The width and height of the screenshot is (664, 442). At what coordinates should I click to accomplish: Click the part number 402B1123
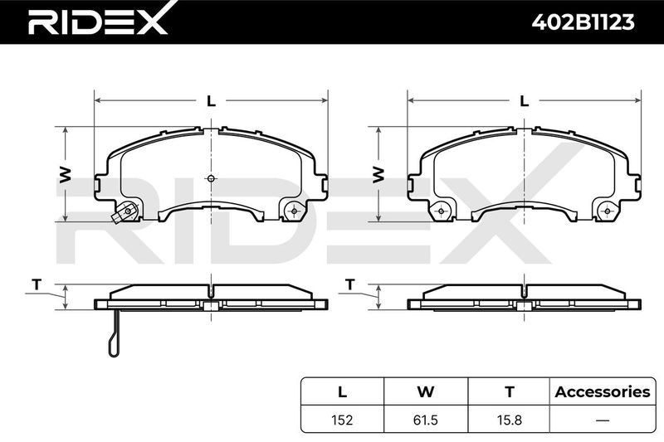(x=583, y=22)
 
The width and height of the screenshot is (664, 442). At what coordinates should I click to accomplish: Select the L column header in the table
(x=342, y=391)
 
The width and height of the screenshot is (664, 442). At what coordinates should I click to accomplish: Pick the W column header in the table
(x=426, y=391)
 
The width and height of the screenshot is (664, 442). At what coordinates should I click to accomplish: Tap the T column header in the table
(x=510, y=391)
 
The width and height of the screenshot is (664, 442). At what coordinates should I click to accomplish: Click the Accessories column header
(x=603, y=391)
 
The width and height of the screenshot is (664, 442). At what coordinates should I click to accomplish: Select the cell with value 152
(x=342, y=420)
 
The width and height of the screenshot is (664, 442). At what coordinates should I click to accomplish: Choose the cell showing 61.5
(x=426, y=420)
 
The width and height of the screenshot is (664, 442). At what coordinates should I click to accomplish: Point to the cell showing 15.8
(x=510, y=420)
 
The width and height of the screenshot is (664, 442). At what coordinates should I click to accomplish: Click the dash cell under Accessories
(x=603, y=420)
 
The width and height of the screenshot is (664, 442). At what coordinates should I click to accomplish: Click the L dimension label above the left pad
(x=211, y=100)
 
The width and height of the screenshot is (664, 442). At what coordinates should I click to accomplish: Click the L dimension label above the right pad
(x=525, y=100)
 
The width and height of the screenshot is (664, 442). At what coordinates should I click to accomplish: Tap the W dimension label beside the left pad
(x=65, y=174)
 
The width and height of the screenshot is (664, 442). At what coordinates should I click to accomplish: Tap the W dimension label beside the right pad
(x=378, y=174)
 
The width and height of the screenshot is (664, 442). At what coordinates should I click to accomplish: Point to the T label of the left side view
(x=37, y=284)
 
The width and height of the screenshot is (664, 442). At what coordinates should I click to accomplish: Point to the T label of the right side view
(x=349, y=284)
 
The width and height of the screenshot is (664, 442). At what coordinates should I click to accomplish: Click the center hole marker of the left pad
(x=212, y=178)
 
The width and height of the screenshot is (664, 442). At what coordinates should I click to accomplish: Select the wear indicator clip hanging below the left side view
(x=115, y=333)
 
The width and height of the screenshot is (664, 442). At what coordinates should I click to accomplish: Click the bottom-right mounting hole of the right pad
(x=608, y=211)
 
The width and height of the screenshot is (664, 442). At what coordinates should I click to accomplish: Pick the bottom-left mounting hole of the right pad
(x=442, y=211)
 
